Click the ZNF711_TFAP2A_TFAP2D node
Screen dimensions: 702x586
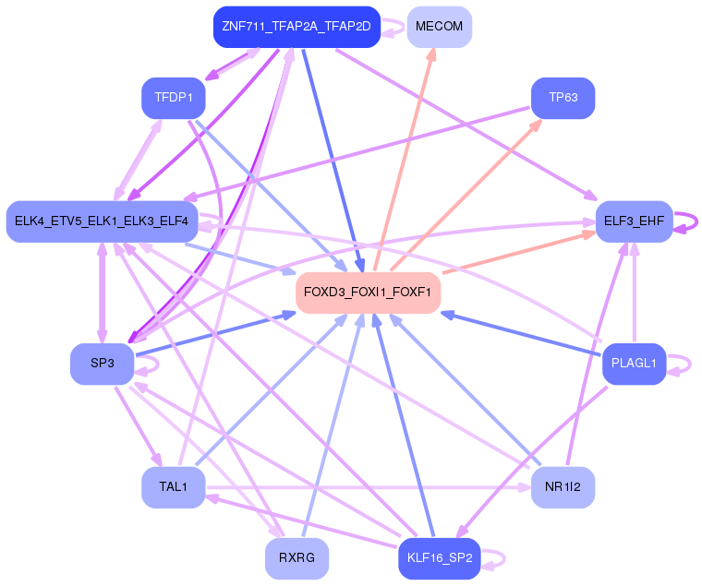pyautogui.click(x=297, y=27)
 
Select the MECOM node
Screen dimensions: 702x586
pyautogui.click(x=439, y=27)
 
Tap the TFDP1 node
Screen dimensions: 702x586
pyautogui.click(x=174, y=98)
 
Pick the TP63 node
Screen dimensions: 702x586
pyautogui.click(x=563, y=98)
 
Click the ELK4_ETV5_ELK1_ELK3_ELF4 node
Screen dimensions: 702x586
pyautogui.click(x=102, y=221)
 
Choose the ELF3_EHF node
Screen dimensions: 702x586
pyautogui.click(x=634, y=221)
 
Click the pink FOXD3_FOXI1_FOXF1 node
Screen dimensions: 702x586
pyautogui.click(x=368, y=293)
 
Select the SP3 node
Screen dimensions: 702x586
pyautogui.click(x=103, y=364)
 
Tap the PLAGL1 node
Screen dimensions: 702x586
pyautogui.click(x=634, y=364)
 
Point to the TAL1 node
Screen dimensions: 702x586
pyautogui.click(x=174, y=487)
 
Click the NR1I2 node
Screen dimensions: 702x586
pyautogui.click(x=563, y=487)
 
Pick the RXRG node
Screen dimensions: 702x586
pyautogui.click(x=297, y=558)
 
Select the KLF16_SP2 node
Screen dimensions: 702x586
pyautogui.click(x=439, y=558)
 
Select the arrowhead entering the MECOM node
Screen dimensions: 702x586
pyautogui.click(x=430, y=54)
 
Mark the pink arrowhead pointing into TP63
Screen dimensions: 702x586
pyautogui.click(x=536, y=126)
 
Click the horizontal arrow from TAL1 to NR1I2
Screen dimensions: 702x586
pyautogui.click(x=368, y=487)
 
